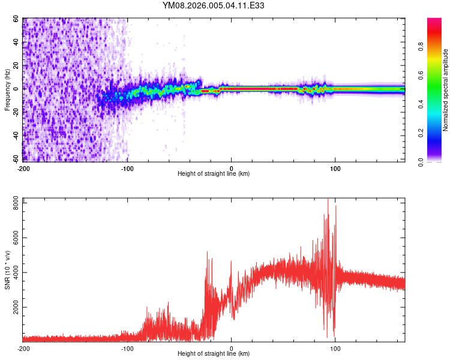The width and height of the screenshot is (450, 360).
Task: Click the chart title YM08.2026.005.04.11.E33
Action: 214,6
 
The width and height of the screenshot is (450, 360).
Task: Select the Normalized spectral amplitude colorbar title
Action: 445,90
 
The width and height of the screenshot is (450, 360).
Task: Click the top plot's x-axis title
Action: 214,173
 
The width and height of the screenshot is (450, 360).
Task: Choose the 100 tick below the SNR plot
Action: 335,348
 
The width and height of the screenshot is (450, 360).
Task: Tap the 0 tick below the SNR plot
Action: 232,348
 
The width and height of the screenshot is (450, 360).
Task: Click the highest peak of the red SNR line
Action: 328,199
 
